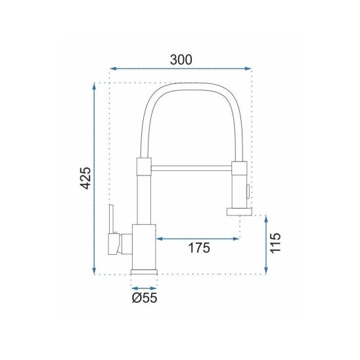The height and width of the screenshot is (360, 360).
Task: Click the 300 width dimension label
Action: (x=181, y=60)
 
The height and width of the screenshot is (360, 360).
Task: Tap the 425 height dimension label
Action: (x=86, y=178)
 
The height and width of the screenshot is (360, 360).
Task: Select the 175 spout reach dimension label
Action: (x=199, y=248)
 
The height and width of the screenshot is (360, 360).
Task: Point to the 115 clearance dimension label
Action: (x=275, y=243)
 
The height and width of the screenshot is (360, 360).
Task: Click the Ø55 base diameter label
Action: (x=145, y=298)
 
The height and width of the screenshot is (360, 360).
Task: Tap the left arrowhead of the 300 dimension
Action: (x=112, y=68)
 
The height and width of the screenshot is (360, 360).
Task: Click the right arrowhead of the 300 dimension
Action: (x=248, y=68)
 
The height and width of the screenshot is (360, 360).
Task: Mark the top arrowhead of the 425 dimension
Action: (x=94, y=86)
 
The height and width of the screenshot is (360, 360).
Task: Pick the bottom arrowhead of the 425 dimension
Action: (x=94, y=271)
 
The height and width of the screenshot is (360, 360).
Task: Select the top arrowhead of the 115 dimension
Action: (x=266, y=219)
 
